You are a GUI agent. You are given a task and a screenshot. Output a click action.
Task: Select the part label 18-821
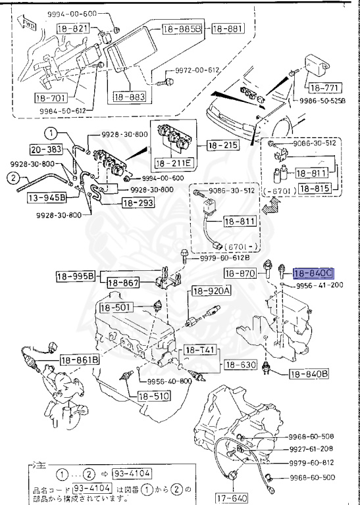72,29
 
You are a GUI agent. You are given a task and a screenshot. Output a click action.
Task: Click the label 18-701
51,99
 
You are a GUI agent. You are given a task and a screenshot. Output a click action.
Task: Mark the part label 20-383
45,150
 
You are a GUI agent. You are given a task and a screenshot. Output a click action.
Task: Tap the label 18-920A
211,291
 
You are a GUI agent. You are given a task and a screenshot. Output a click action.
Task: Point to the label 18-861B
80,360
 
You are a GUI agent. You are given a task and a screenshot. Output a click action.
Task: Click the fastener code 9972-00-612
197,70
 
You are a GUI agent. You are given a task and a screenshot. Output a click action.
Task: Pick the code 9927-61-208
314,448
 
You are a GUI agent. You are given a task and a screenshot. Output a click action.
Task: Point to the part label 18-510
153,396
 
